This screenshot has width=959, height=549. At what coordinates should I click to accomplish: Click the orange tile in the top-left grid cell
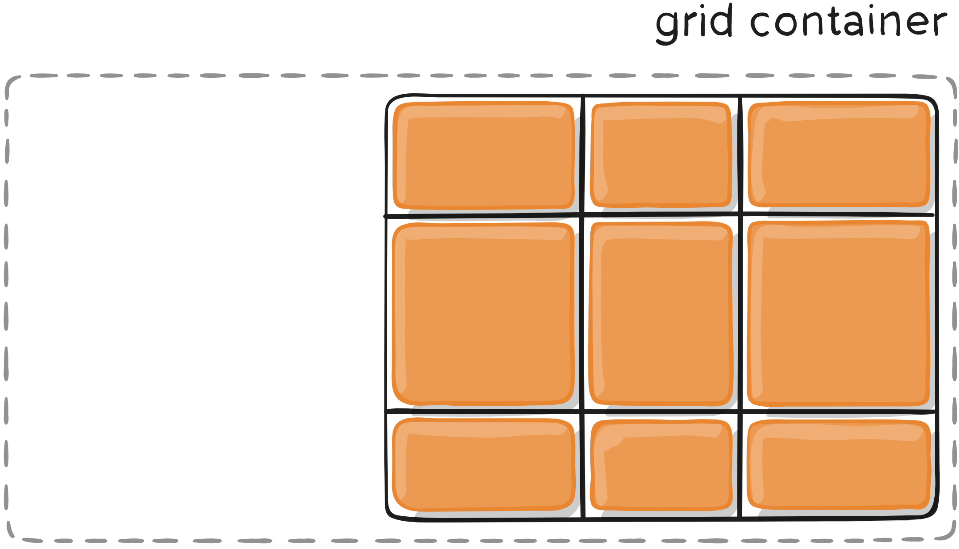(x=483, y=156)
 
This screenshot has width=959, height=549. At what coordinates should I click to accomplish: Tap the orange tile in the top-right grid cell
(x=839, y=155)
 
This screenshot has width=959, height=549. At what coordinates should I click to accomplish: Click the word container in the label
(x=848, y=22)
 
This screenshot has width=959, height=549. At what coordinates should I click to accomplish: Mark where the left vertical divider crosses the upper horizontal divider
(x=583, y=215)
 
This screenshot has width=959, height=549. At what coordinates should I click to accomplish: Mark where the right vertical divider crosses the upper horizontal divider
(x=740, y=215)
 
